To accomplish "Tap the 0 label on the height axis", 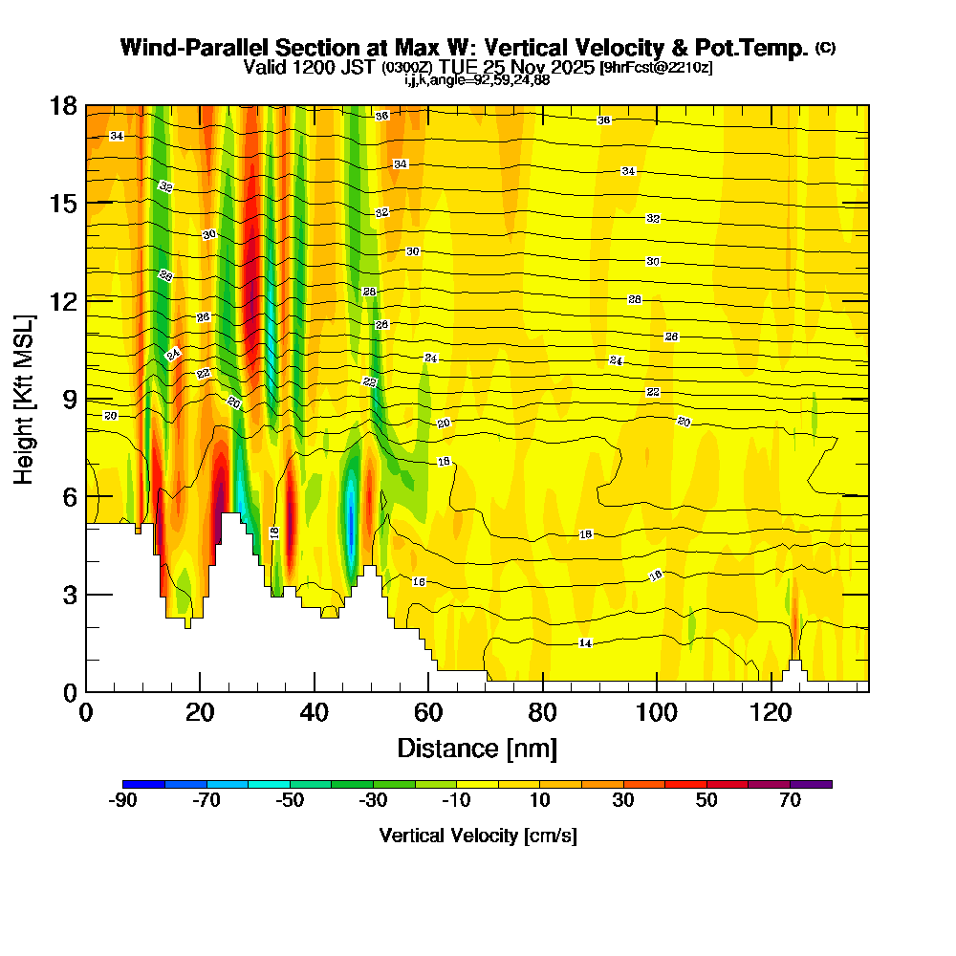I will pos(69,692).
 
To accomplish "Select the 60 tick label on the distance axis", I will pos(428,713).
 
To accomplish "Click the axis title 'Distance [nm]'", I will pos(477,748).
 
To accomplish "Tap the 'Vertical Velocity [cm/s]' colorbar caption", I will pos(477,836).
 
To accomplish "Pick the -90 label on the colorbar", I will pos(123,801).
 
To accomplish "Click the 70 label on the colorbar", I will pos(790,801).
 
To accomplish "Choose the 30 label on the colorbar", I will pos(623,801).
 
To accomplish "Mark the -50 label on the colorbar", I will pos(290,801).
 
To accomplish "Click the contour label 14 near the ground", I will pos(586,643).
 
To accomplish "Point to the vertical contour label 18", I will pos(274,533).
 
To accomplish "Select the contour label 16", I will pos(419,581).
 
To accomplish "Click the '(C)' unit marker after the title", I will pos(825,48).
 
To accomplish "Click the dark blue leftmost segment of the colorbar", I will pos(143,784).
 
